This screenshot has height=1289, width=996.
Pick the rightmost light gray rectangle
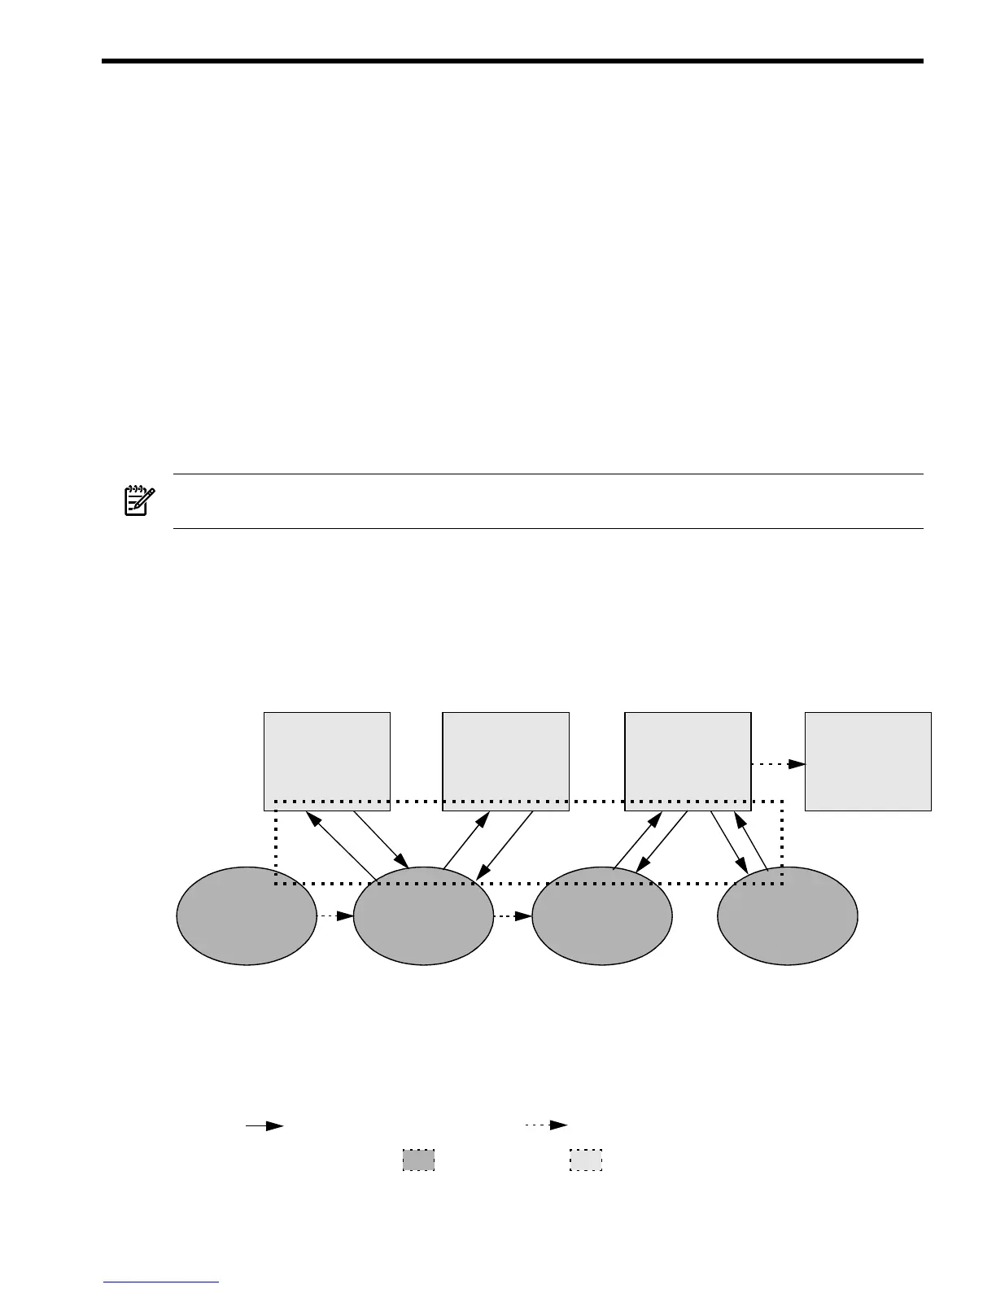[867, 761]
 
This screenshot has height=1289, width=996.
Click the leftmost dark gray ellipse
[247, 915]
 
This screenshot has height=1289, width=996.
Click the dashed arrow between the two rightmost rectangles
[778, 764]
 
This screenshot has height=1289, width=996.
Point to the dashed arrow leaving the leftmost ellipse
[334, 915]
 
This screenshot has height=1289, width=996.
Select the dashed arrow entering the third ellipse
[512, 915]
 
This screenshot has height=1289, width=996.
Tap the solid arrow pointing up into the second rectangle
[466, 840]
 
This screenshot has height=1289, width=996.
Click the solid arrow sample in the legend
[264, 1125]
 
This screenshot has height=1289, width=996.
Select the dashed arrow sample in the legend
[546, 1125]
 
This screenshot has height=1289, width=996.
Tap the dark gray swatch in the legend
[418, 1160]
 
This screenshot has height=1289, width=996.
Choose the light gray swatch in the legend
[586, 1160]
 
